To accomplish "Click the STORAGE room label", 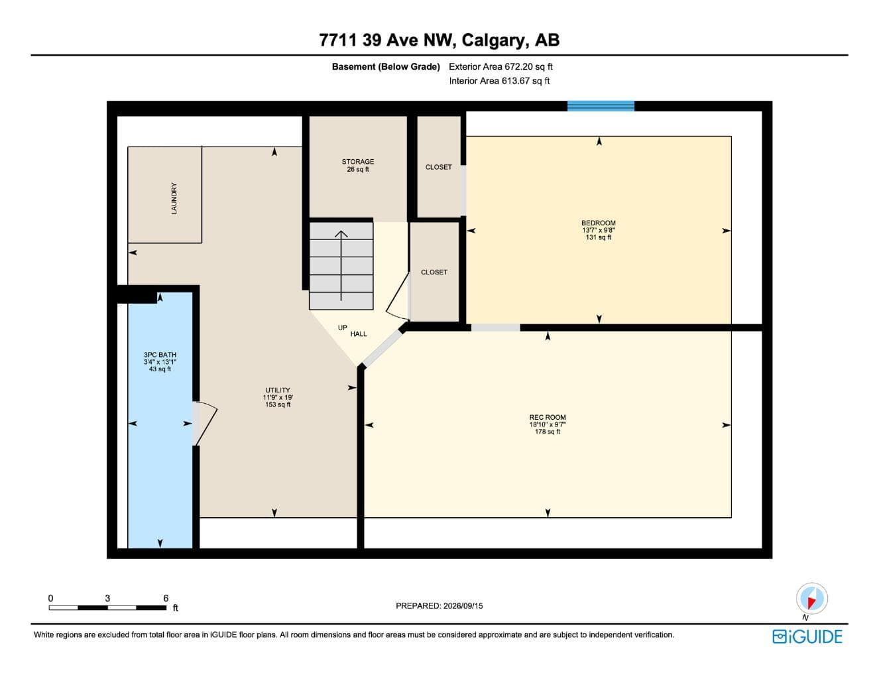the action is (x=357, y=161).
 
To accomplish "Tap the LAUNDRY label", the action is (x=174, y=198).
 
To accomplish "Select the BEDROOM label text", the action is (x=599, y=223).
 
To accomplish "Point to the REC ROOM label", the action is (x=548, y=417).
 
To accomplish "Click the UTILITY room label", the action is (x=278, y=390).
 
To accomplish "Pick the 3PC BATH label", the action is (x=160, y=355).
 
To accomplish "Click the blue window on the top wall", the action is (x=601, y=106).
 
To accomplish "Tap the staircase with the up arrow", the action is (x=341, y=266).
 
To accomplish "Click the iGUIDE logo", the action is (x=807, y=637).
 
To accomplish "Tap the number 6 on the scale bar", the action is (x=166, y=598).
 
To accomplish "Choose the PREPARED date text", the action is (x=439, y=606).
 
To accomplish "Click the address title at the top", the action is (x=439, y=40).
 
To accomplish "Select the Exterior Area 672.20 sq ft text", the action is (x=500, y=67).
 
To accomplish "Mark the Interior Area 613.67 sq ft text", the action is (x=500, y=81).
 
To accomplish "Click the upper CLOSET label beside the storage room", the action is (x=438, y=167).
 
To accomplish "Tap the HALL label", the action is (x=359, y=334).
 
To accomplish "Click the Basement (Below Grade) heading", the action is (x=386, y=67).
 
